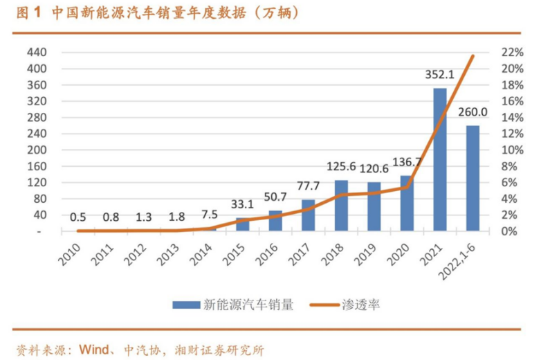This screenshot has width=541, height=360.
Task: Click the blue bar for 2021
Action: pyautogui.click(x=440, y=159)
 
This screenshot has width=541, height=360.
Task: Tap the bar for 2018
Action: pyautogui.click(x=342, y=205)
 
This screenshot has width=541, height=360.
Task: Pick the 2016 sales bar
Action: pyautogui.click(x=276, y=220)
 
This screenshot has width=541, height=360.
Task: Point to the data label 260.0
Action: pyautogui.click(x=472, y=112)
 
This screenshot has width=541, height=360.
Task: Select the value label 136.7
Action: pyautogui.click(x=408, y=163)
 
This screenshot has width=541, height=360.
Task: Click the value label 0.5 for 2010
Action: pyautogui.click(x=78, y=217)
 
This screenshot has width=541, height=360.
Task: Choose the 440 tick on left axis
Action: pyautogui.click(x=35, y=53)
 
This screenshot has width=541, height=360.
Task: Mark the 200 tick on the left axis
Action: pyautogui.click(x=35, y=150)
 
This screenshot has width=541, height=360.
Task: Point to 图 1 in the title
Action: pyautogui.click(x=26, y=13)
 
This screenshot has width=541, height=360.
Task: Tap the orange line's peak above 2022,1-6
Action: pyautogui.click(x=473, y=55)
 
